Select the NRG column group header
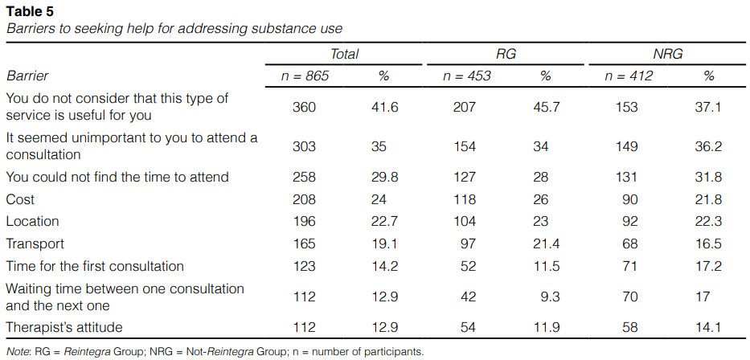669,54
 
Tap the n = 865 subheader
305,76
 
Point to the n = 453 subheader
467,76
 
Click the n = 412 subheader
629,76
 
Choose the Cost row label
20,199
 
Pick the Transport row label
35,243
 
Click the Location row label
32,221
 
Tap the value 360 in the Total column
305,107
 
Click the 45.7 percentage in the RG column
546,107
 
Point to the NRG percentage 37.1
708,107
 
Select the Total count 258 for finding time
305,177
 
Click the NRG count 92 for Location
629,221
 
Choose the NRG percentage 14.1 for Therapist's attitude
708,328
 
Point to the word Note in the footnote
18,351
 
